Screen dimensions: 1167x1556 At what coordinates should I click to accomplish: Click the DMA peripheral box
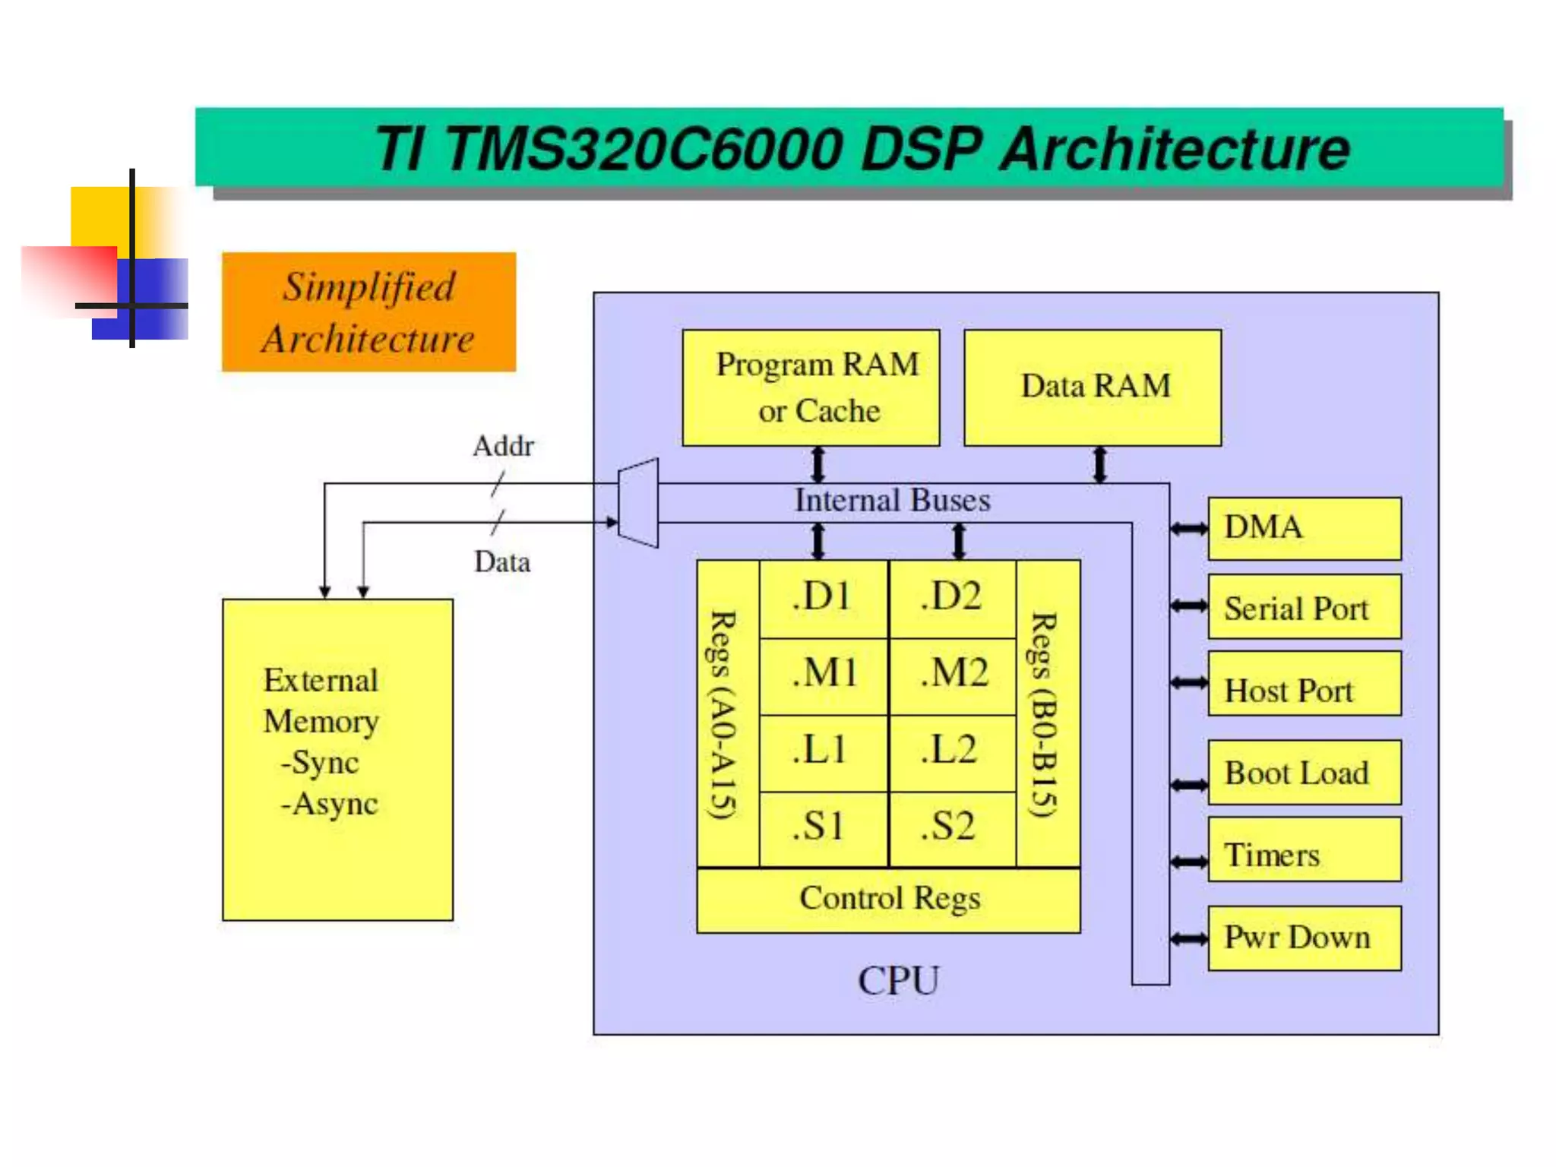pyautogui.click(x=1304, y=528)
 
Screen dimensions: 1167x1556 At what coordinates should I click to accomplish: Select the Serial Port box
pyautogui.click(x=1304, y=607)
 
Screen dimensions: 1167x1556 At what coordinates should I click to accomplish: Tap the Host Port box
pyautogui.click(x=1304, y=684)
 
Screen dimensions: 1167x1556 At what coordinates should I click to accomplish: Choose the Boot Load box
pyautogui.click(x=1304, y=773)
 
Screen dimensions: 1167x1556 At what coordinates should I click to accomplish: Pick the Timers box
pyautogui.click(x=1304, y=850)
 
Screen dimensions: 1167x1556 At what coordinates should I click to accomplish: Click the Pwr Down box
pyautogui.click(x=1304, y=938)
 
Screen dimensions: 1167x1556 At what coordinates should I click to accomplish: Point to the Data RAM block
pyautogui.click(x=1093, y=387)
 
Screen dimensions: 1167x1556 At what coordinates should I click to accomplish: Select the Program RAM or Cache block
pyautogui.click(x=811, y=387)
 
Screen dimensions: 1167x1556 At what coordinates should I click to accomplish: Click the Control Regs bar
pyautogui.click(x=888, y=900)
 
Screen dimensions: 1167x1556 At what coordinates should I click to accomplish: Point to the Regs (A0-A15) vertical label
pyautogui.click(x=726, y=714)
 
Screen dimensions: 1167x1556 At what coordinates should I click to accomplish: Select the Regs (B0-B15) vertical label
pyautogui.click(x=1046, y=714)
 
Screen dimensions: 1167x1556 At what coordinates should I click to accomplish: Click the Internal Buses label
pyautogui.click(x=892, y=501)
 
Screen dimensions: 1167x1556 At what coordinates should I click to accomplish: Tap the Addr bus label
pyautogui.click(x=503, y=446)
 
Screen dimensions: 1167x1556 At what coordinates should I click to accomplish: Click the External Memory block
pyautogui.click(x=337, y=760)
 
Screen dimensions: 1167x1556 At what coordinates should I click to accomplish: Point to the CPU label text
pyautogui.click(x=898, y=980)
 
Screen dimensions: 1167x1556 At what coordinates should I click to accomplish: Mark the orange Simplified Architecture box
pyautogui.click(x=368, y=312)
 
